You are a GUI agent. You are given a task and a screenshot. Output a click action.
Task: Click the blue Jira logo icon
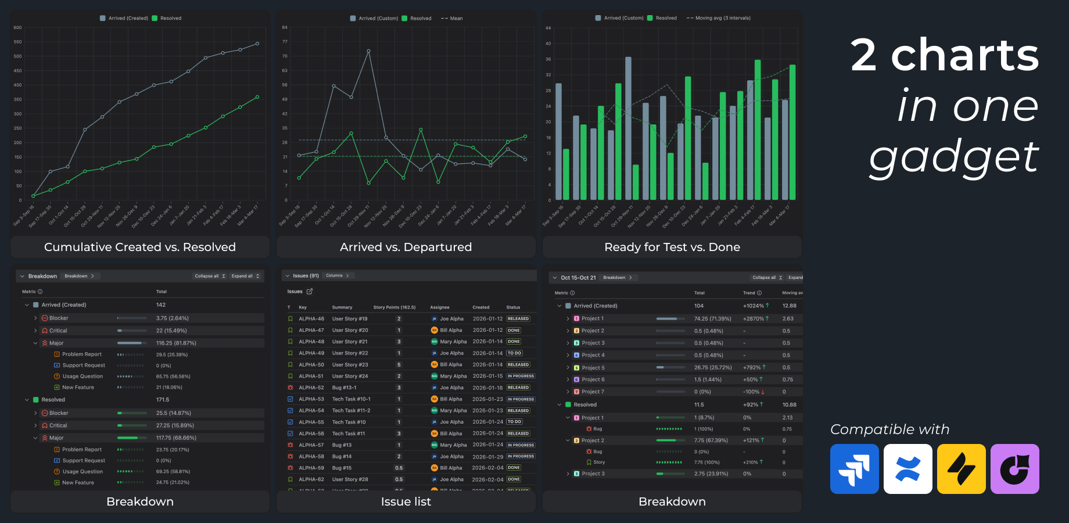pyautogui.click(x=854, y=469)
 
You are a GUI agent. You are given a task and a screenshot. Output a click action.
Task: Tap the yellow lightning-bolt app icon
pyautogui.click(x=961, y=469)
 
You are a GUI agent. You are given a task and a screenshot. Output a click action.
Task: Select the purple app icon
pyautogui.click(x=1014, y=469)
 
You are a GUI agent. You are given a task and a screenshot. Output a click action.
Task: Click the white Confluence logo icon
pyautogui.click(x=907, y=469)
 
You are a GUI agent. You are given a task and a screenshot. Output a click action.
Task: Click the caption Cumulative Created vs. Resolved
pyautogui.click(x=140, y=247)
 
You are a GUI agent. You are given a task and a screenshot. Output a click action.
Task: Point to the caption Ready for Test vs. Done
pyautogui.click(x=672, y=247)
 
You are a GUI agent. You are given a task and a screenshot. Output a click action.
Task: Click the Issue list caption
pyautogui.click(x=406, y=501)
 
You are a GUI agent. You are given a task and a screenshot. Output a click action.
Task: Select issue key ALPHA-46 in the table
pyautogui.click(x=311, y=318)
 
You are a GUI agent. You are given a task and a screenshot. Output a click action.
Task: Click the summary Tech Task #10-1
pyautogui.click(x=351, y=399)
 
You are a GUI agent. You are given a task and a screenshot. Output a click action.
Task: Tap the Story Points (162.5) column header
pyautogui.click(x=394, y=307)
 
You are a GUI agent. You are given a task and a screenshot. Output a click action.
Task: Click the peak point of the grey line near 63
pyautogui.click(x=368, y=51)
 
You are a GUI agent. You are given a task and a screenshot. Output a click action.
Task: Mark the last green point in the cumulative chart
pyautogui.click(x=257, y=97)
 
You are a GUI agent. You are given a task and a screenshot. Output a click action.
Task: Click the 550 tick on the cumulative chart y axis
pyautogui.click(x=18, y=42)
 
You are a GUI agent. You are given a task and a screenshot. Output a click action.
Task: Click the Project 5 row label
pyautogui.click(x=593, y=368)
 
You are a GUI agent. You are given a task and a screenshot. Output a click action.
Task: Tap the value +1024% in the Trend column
pyautogui.click(x=754, y=306)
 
